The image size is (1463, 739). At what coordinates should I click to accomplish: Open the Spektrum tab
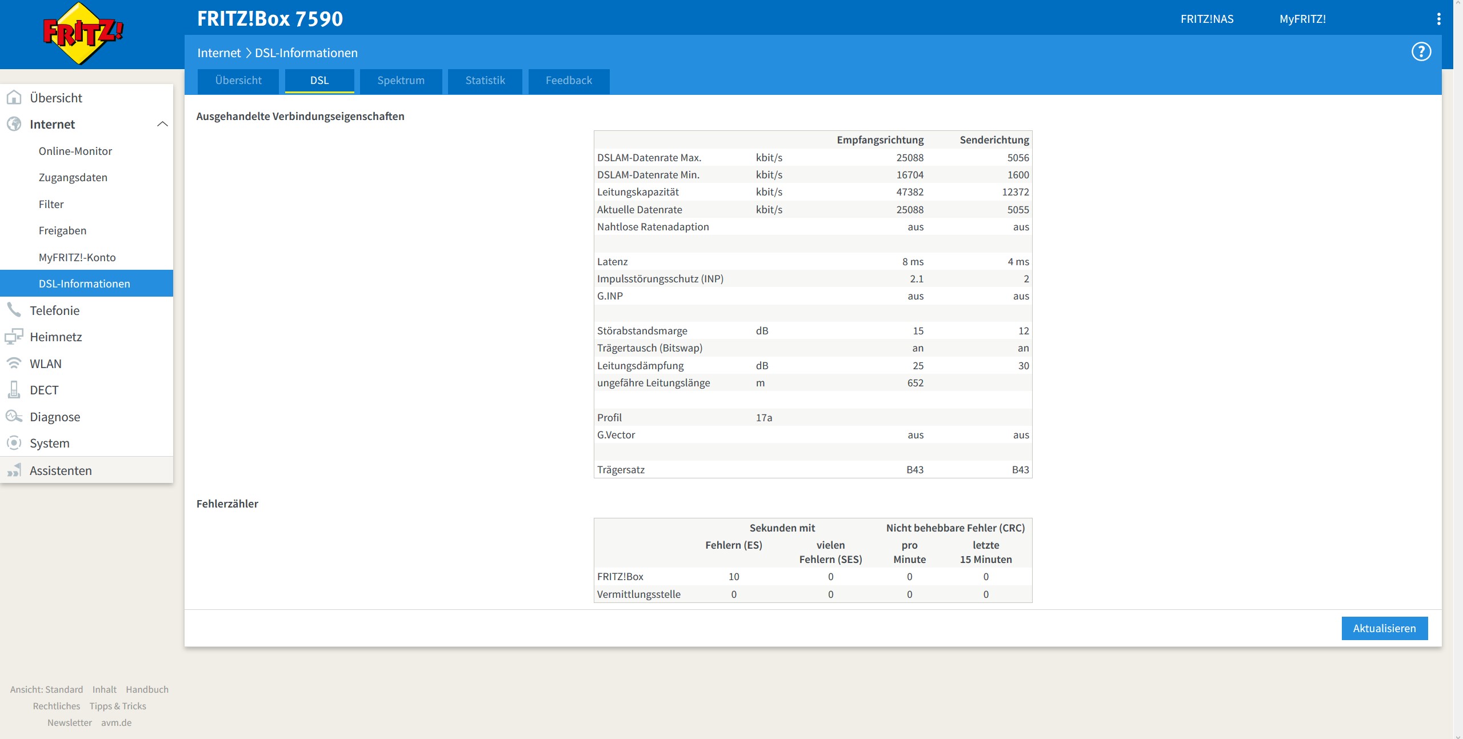tap(401, 81)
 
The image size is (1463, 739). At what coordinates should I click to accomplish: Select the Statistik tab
tap(485, 81)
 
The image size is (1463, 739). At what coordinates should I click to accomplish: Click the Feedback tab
tap(569, 81)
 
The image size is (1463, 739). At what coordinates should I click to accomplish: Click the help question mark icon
tap(1421, 52)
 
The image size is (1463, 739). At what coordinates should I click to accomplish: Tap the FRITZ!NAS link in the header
tap(1207, 19)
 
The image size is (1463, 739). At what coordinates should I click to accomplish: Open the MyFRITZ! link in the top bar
tap(1302, 19)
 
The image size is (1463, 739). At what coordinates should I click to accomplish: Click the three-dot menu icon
tap(1438, 19)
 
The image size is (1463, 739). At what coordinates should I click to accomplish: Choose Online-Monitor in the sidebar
tap(75, 151)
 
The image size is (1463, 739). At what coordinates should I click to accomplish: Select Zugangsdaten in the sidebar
tap(73, 178)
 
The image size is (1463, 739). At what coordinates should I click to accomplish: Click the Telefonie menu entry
tap(55, 310)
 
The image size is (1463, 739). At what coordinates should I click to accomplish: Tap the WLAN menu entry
tap(46, 363)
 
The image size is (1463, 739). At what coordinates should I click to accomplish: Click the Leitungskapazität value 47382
tap(910, 192)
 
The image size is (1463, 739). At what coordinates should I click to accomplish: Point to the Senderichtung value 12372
tap(1016, 192)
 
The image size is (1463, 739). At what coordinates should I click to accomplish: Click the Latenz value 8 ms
tap(913, 262)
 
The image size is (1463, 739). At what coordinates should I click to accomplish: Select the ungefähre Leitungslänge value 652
tap(916, 383)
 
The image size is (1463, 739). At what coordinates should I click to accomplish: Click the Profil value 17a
tap(764, 418)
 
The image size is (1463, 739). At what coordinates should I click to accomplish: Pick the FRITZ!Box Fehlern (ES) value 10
tap(734, 577)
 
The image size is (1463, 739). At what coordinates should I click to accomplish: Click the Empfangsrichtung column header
tap(880, 140)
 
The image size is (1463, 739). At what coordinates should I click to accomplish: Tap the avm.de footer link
tap(117, 722)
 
